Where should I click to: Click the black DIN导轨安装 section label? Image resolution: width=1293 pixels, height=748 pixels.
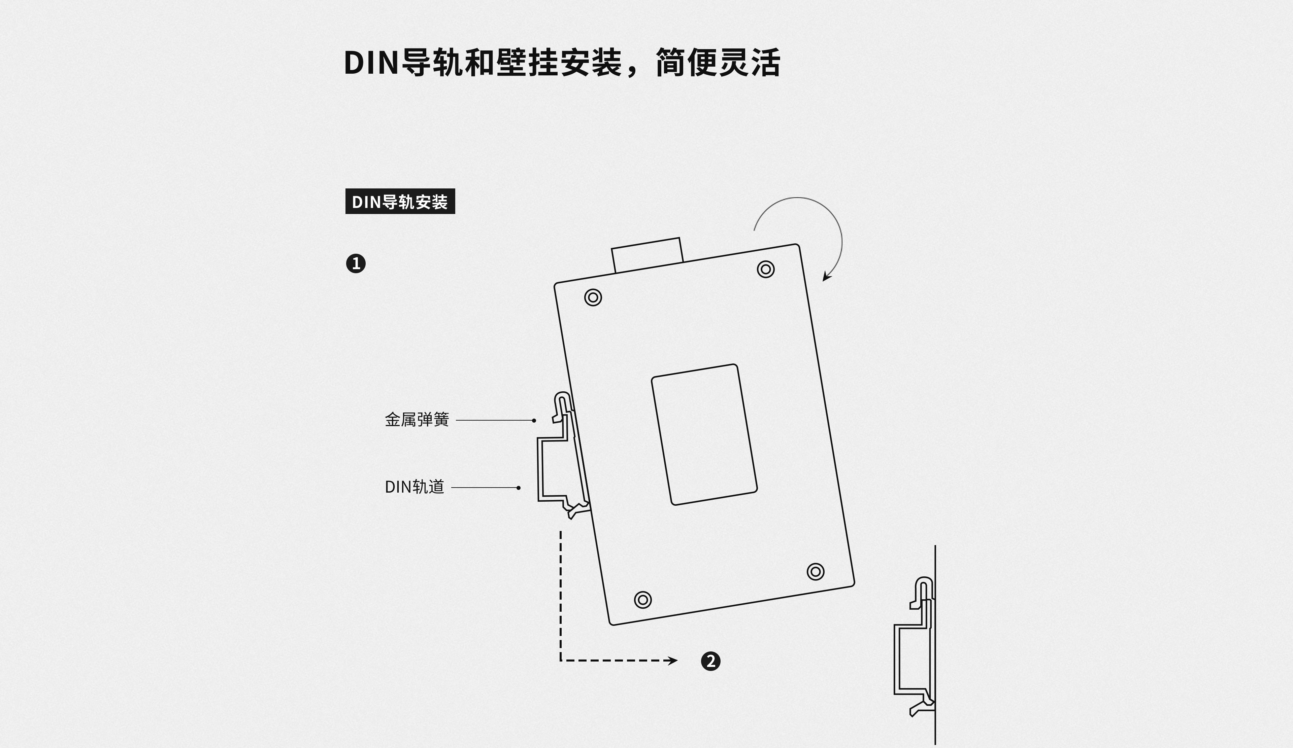pos(400,202)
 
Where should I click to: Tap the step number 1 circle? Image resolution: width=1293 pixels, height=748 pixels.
pos(356,263)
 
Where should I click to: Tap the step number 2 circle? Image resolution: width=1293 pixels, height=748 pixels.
pos(710,661)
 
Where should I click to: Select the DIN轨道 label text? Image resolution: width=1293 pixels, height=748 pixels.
pos(414,487)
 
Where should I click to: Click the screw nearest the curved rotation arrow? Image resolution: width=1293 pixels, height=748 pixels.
pos(766,269)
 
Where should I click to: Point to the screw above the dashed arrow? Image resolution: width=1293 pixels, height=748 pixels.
pos(642,600)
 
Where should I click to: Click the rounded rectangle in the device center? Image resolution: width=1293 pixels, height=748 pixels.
pos(704,435)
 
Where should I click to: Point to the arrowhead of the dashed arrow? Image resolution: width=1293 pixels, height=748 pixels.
pos(673,660)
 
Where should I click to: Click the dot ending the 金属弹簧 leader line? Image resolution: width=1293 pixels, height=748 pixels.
pos(534,420)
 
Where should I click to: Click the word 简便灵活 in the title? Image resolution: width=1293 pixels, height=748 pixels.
pos(718,63)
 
